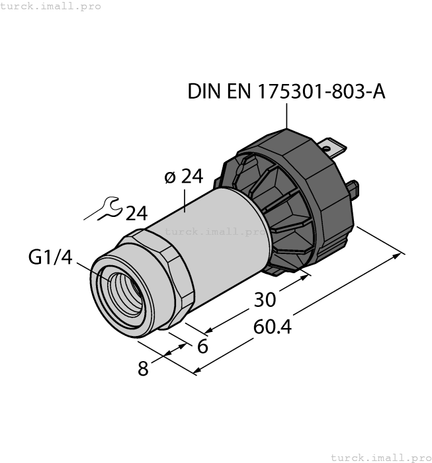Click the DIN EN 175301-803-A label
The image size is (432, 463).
[286, 91]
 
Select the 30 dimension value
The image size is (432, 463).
[265, 300]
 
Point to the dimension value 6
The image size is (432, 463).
[203, 346]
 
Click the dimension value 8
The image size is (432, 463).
[143, 368]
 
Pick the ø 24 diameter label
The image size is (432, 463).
[183, 177]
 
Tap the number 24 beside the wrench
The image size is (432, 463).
[136, 214]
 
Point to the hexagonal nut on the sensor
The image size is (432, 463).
[165, 278]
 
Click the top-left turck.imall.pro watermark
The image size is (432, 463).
[51, 6]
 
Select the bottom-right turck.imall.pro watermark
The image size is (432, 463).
[380, 457]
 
